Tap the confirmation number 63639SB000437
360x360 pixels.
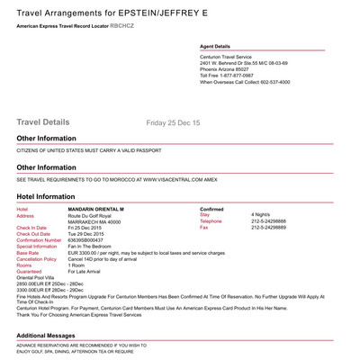pyautogui.click(x=91, y=240)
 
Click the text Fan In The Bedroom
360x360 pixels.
pyautogui.click(x=92, y=247)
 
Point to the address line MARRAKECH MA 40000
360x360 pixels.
pyautogui.click(x=96, y=221)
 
